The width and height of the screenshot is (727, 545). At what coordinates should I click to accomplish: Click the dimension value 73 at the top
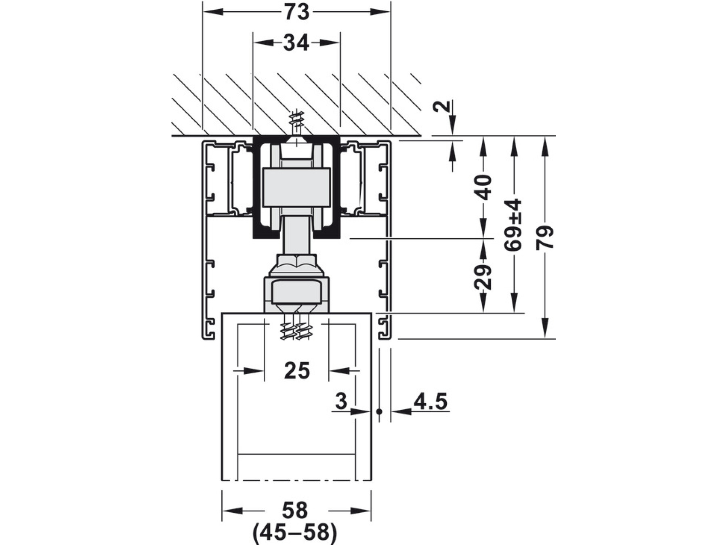pyautogui.click(x=297, y=12)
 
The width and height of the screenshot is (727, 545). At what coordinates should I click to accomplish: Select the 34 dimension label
pyautogui.click(x=296, y=43)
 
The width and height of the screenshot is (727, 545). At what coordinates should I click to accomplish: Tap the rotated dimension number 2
pyautogui.click(x=443, y=106)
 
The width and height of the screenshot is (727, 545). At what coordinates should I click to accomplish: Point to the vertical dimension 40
pyautogui.click(x=483, y=188)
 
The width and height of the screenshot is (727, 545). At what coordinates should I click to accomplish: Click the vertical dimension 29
pyautogui.click(x=483, y=277)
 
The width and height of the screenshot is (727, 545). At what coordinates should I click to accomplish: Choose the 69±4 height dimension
pyautogui.click(x=514, y=225)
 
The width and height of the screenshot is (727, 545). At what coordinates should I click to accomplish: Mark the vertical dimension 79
pyautogui.click(x=545, y=237)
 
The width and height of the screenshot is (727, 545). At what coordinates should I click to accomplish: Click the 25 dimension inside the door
pyautogui.click(x=297, y=371)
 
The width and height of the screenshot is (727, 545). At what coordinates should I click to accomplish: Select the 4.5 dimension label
pyautogui.click(x=431, y=402)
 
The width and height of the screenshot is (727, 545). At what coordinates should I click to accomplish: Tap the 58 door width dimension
pyautogui.click(x=295, y=511)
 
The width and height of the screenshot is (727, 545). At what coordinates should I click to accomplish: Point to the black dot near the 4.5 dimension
pyautogui.click(x=379, y=411)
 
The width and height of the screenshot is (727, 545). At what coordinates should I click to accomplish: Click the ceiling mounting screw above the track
pyautogui.click(x=297, y=121)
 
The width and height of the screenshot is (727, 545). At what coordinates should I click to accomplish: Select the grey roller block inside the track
pyautogui.click(x=296, y=188)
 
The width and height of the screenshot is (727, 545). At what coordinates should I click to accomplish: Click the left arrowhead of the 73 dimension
pyautogui.click(x=212, y=12)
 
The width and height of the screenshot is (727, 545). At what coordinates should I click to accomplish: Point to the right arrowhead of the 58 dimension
pyautogui.click(x=361, y=511)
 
